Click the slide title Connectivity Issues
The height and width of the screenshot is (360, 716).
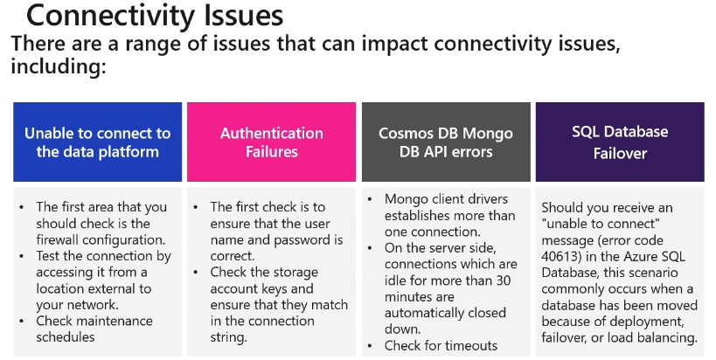(155, 16)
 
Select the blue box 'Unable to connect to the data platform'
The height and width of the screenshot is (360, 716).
(98, 142)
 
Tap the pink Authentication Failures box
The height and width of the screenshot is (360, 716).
(271, 142)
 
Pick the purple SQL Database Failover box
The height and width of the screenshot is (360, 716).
(620, 142)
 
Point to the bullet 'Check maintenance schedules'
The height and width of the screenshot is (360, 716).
(94, 329)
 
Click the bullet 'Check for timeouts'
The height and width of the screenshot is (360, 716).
(441, 345)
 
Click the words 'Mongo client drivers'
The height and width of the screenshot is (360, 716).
(446, 198)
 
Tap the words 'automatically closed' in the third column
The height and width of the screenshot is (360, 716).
(446, 313)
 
